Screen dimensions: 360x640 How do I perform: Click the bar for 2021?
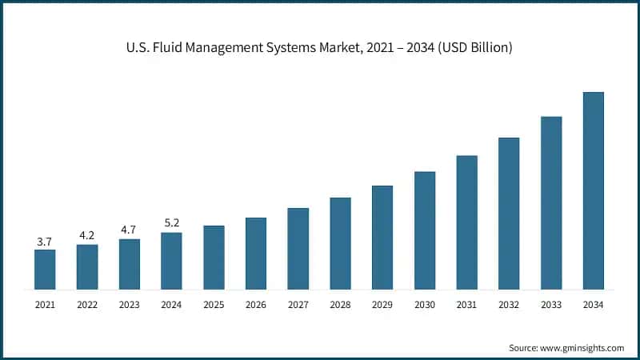45,270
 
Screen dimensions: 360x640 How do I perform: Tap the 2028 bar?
340,243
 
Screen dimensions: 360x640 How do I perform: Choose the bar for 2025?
214,257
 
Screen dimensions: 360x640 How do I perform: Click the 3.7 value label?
45,241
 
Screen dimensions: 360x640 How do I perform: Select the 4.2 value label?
87,235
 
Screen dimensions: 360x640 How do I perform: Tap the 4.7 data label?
129,230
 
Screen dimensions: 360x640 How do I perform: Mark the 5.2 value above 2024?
171,224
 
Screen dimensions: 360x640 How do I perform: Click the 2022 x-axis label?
87,304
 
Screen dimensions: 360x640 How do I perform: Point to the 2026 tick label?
256,304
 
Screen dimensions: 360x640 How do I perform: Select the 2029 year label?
382,304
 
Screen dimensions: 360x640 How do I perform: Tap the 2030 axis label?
425,304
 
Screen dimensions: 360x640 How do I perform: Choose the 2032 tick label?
509,304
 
